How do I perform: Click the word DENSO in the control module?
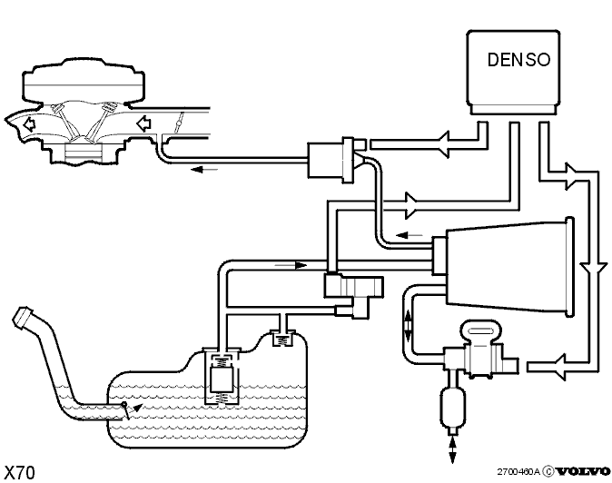coord(519,60)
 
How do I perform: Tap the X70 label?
coord(19,472)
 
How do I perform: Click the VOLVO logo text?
coord(583,471)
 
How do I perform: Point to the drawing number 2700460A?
coord(518,472)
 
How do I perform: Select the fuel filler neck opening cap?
coord(23,315)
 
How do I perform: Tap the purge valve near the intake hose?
coord(331,161)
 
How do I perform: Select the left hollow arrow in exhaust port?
coord(29,124)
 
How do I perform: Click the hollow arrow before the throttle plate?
coord(143,123)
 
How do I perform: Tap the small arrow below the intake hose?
coord(204,170)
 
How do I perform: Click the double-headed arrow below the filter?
coord(452,449)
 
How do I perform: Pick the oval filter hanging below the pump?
coord(453,408)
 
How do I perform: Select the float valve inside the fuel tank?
coord(222,376)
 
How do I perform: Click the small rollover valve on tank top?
coord(283,338)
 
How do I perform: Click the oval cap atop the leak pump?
coord(480,330)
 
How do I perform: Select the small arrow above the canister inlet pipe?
coord(291,265)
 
